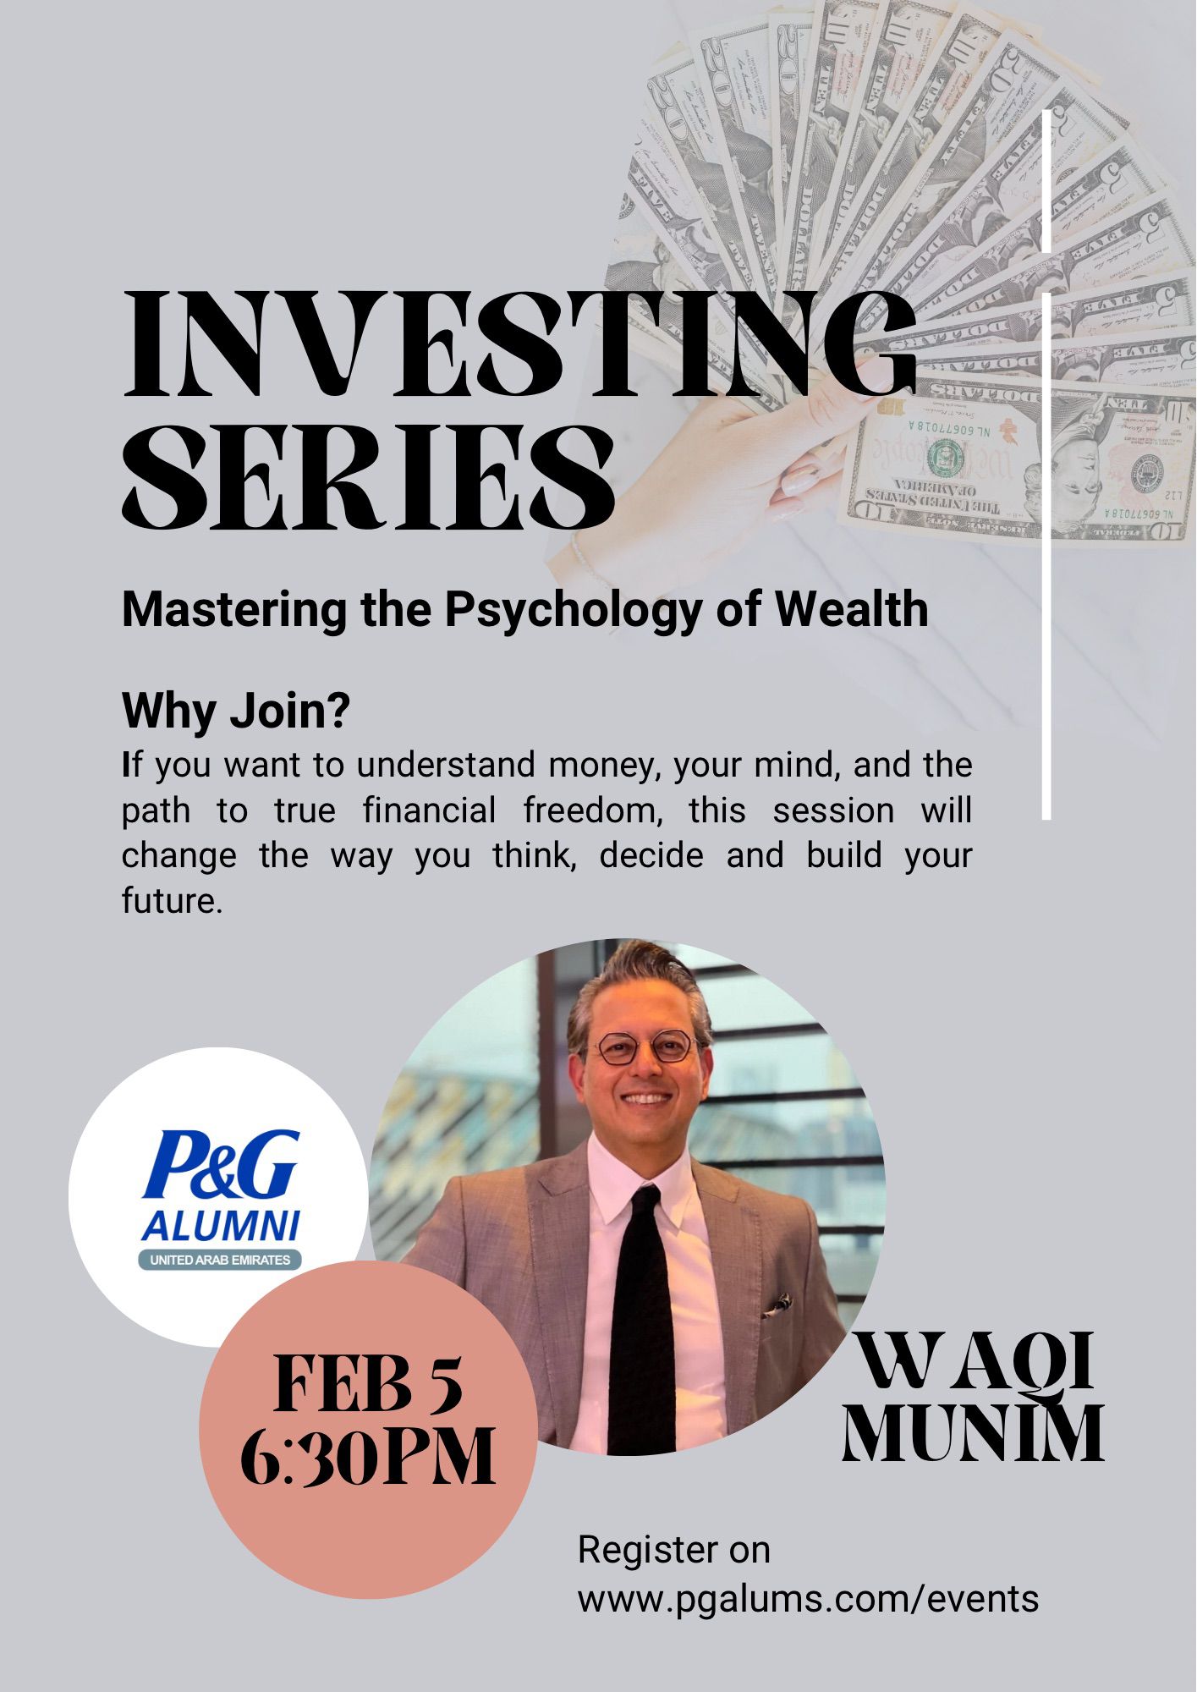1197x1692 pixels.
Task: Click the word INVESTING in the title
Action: (519, 346)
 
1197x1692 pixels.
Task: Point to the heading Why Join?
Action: (236, 712)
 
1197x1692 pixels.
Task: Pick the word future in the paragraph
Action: (173, 900)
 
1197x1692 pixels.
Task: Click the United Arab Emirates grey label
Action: (220, 1260)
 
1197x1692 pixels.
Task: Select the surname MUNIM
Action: (973, 1434)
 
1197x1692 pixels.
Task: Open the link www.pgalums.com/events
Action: (808, 1598)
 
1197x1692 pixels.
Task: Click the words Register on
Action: (674, 1550)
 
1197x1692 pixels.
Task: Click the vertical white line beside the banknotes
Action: (1046, 464)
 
